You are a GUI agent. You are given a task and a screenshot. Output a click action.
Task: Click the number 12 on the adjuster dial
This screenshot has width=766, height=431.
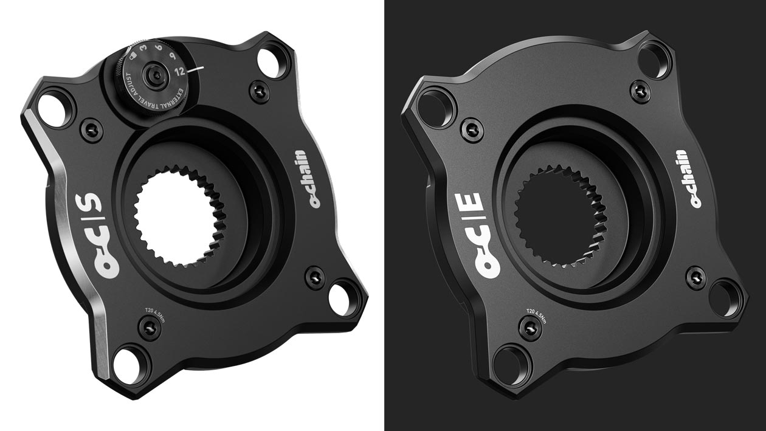pyautogui.click(x=179, y=71)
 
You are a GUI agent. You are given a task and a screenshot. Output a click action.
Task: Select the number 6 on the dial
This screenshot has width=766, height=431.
pyautogui.click(x=158, y=47)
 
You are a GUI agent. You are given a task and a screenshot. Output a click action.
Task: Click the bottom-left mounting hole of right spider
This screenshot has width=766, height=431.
pyautogui.click(x=507, y=364)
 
